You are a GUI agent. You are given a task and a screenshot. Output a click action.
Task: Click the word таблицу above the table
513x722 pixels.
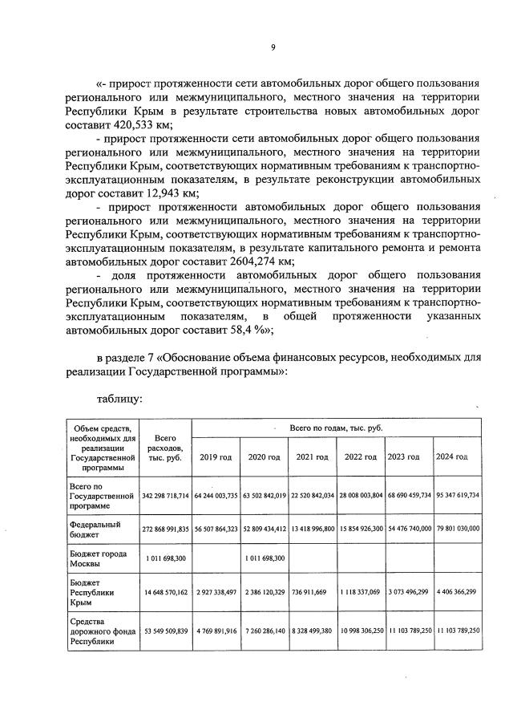(120, 397)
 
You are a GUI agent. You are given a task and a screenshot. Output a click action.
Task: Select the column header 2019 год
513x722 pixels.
(216, 457)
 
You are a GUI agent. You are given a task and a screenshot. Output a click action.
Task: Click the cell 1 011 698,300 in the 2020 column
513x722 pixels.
(264, 557)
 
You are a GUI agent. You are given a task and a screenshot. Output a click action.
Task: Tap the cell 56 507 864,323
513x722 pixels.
(216, 529)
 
